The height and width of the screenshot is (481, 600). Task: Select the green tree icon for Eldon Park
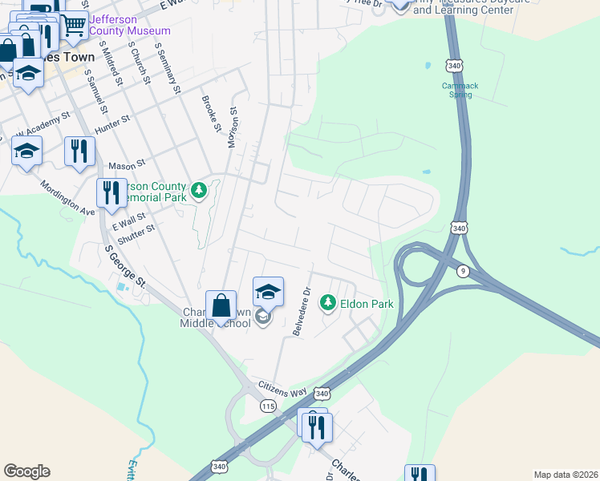[327, 302]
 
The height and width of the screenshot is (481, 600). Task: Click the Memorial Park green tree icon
[199, 191]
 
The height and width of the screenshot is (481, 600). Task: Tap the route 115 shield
[268, 407]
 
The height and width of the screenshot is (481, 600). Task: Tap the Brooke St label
[211, 114]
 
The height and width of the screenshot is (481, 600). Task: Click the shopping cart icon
[73, 26]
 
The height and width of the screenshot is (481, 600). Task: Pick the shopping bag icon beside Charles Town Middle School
[221, 307]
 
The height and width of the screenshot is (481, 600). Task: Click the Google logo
[26, 471]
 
